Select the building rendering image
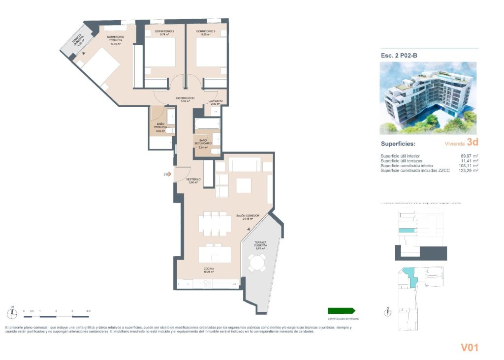point(428,98)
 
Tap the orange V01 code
point(469,348)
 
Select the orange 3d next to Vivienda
point(472,143)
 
